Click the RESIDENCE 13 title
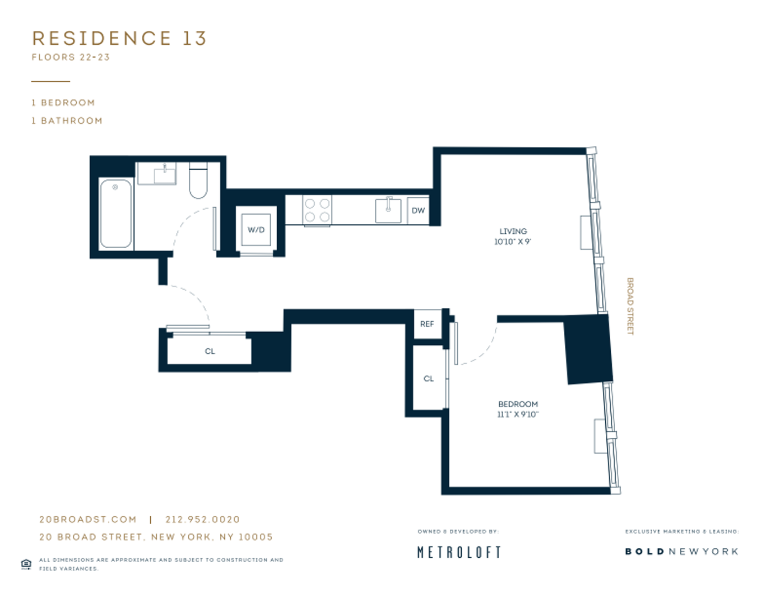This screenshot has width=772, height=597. point(119,38)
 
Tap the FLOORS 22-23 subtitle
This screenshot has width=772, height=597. point(71,57)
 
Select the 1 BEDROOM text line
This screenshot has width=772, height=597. point(64,103)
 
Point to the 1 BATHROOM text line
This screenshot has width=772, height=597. point(67,121)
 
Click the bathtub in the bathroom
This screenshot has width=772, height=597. point(116,213)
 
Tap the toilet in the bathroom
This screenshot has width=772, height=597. point(198,180)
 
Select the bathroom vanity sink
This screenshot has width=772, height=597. point(165,174)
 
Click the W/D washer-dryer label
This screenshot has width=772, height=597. point(256,230)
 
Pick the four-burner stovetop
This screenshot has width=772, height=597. point(318,210)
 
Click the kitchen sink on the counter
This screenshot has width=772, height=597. point(388,211)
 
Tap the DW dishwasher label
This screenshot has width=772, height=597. point(418,211)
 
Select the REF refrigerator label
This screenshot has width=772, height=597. point(427,324)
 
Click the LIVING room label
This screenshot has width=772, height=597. point(513,231)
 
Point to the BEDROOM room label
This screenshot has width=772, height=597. point(518,404)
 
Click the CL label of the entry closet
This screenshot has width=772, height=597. point(210,352)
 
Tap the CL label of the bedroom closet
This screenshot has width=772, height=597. point(429,379)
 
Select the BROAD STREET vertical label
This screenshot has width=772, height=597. point(630,306)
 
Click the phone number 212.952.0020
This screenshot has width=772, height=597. point(203,520)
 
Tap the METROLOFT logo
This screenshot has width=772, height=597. point(459,552)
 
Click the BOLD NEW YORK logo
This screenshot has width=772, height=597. point(682,552)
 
